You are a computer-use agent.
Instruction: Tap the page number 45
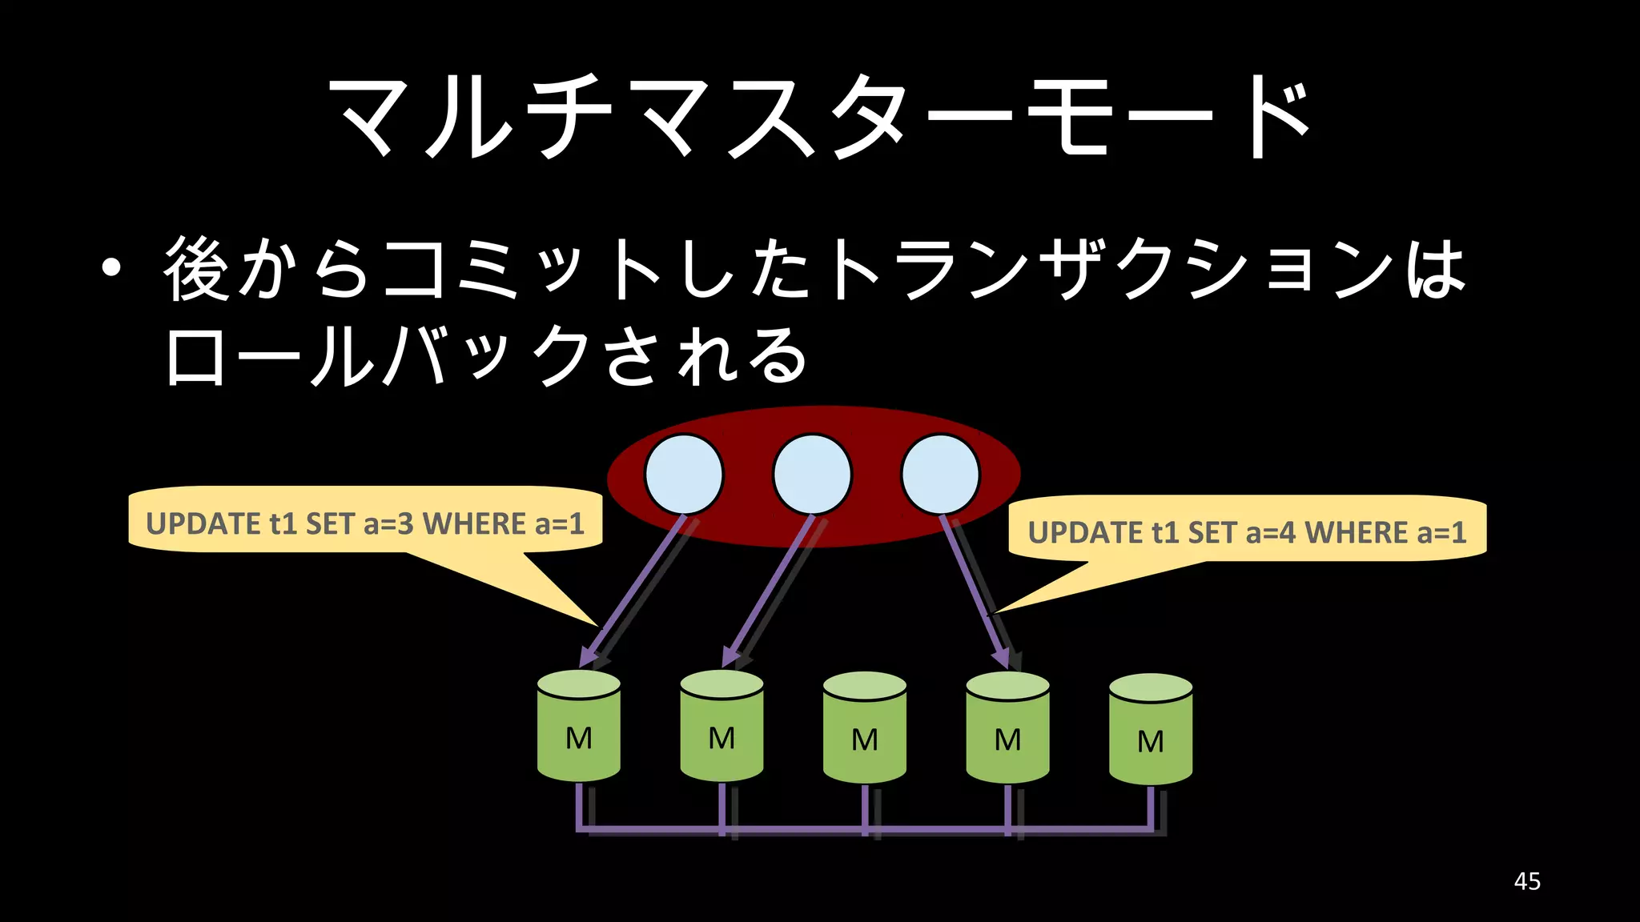coord(1527,881)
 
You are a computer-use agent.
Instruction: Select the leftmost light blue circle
coord(684,475)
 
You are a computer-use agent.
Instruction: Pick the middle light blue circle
coord(812,475)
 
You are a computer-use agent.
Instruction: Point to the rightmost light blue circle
coord(940,475)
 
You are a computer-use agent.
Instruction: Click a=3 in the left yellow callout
coord(388,524)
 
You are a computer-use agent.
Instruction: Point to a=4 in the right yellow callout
coord(1271,533)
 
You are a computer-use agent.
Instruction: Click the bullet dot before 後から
coord(111,269)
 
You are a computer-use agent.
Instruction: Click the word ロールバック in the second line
coord(376,356)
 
